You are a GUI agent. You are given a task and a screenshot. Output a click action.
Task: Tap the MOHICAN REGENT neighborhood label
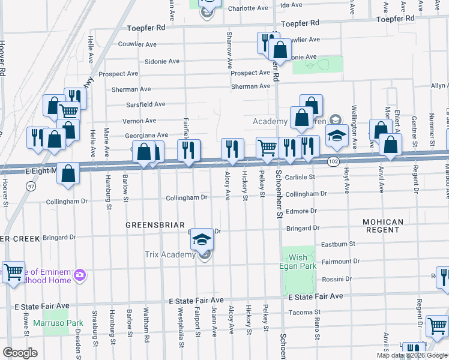(383, 226)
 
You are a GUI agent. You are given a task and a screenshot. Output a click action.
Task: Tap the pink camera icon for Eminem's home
(80, 275)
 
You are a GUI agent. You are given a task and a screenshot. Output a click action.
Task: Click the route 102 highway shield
(334, 161)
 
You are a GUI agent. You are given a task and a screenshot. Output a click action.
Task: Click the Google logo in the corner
(20, 353)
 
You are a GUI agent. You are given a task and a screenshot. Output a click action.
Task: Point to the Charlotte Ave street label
(247, 8)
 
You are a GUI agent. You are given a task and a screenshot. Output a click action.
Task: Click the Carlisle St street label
(300, 178)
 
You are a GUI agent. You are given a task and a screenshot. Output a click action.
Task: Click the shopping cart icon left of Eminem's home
(13, 272)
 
